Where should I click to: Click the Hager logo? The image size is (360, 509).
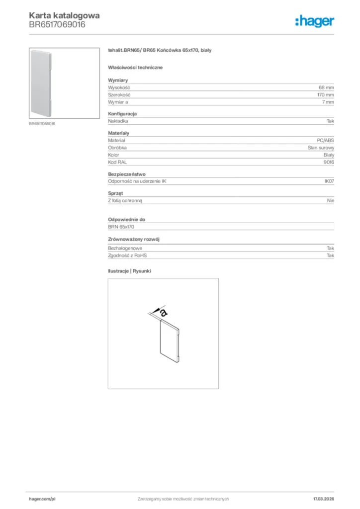314,21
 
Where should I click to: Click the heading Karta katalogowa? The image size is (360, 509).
64,15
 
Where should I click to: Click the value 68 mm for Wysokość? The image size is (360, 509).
326,87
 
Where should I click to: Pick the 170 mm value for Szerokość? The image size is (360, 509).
326,94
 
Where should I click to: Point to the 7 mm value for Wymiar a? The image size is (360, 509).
328,101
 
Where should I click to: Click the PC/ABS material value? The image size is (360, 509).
325,141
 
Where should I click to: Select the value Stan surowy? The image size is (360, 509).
321,148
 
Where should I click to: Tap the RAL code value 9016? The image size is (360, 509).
329,162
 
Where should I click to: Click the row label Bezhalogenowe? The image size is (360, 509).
125,248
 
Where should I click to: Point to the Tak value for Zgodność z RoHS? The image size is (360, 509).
330,255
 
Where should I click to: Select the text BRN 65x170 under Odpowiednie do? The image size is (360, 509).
122,227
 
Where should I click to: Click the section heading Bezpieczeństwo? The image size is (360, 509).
126,174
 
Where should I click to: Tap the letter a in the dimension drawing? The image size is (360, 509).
164,312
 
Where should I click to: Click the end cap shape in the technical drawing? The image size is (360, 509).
170,340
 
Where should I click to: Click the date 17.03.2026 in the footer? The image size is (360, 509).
323,499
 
